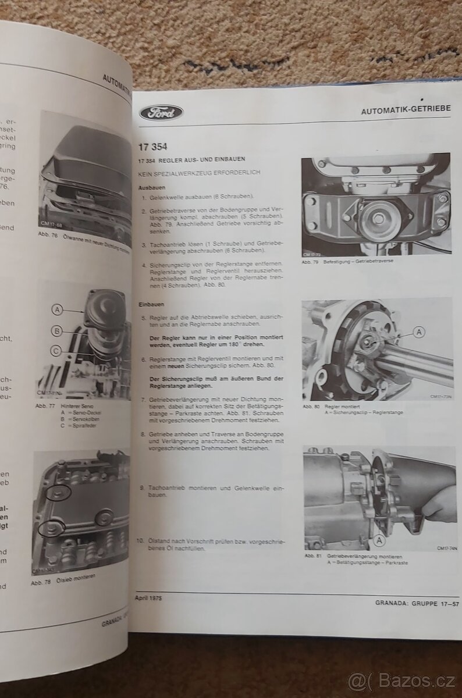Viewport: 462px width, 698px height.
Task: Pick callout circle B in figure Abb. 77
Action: pyautogui.click(x=58, y=330)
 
